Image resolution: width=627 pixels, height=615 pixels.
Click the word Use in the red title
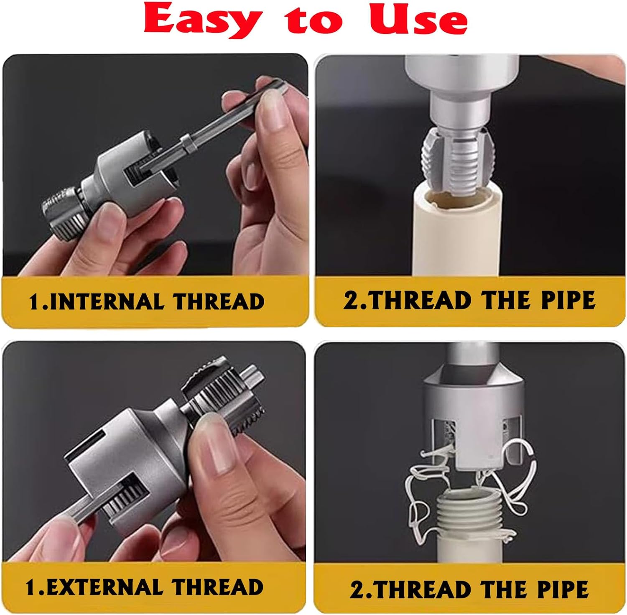[x=418, y=21]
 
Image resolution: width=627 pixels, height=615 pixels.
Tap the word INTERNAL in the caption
[x=107, y=302]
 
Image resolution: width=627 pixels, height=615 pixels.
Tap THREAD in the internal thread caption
[x=219, y=302]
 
